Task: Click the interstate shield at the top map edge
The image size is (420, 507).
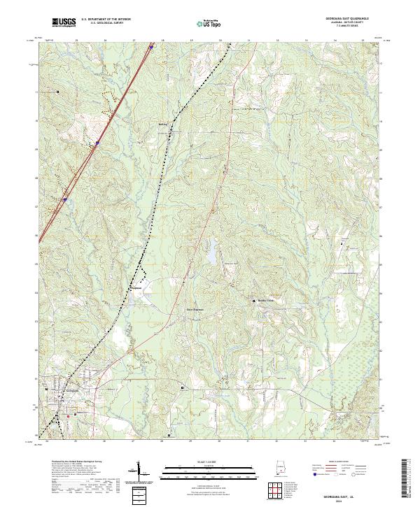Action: [151, 48]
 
